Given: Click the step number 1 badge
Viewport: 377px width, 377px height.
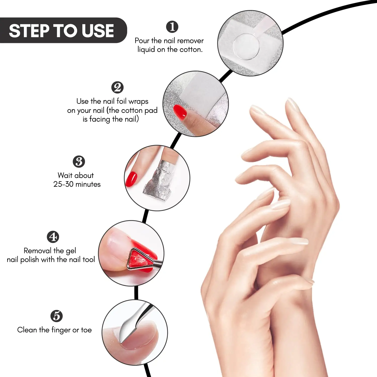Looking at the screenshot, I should click(172, 27).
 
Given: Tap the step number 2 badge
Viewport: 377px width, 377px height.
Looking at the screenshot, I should click(117, 87).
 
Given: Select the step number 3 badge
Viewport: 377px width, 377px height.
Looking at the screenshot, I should click(79, 162).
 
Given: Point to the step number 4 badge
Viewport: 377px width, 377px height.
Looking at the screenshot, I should click(53, 237).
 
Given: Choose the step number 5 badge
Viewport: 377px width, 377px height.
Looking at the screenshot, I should click(57, 316).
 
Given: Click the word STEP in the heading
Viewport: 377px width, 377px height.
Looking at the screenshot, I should click(29, 31).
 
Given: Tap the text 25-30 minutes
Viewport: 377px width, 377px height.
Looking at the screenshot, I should click(77, 184).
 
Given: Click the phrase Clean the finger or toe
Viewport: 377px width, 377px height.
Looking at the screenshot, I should click(54, 330).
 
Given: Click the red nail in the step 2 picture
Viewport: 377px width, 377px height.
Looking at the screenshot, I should click(180, 112).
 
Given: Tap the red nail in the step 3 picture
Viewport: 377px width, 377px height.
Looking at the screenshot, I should click(131, 179).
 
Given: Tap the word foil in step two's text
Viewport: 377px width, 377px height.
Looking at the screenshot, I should click(121, 101).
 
